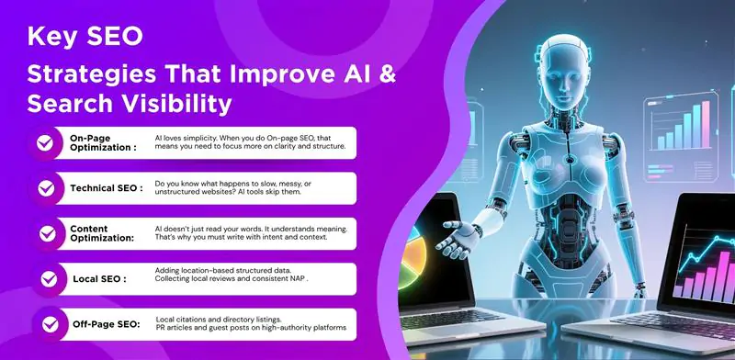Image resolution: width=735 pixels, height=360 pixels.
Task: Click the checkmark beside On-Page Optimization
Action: (43, 142)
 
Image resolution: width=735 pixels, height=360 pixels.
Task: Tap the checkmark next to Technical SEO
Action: (43, 187)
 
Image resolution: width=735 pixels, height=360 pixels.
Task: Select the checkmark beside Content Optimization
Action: (43, 232)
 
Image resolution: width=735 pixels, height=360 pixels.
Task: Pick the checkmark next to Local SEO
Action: (43, 277)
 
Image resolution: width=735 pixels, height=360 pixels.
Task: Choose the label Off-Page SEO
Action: (107, 323)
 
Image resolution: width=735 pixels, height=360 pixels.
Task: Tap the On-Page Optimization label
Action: (103, 142)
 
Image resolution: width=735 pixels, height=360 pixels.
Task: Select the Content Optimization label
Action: (102, 232)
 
